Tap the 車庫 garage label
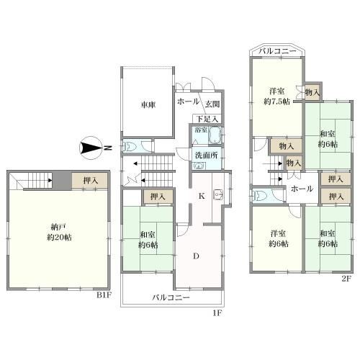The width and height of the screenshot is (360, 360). pos(148,105)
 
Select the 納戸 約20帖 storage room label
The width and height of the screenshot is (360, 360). pos(59,232)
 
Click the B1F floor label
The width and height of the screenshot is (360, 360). pos(104,295)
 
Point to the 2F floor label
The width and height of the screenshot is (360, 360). pos(346,279)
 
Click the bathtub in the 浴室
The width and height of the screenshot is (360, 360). pos(215,135)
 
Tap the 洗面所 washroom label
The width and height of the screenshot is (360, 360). pos(206,156)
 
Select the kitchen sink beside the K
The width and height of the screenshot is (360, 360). pos(218,194)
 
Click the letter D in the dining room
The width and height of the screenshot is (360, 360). pos(197,256)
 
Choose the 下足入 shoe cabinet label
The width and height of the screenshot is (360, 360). pos(208,119)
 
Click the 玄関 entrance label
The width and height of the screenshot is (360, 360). pos(212,104)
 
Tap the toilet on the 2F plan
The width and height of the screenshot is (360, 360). pos(258,196)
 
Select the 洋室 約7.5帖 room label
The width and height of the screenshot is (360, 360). pos(277,96)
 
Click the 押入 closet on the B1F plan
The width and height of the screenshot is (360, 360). pos(89,181)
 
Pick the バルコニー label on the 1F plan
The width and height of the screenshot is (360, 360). pos(171,298)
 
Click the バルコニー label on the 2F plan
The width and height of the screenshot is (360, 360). pos(277,51)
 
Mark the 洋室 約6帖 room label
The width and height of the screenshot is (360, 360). pos(279,238)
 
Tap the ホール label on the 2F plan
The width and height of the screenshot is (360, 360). pos(302,189)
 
